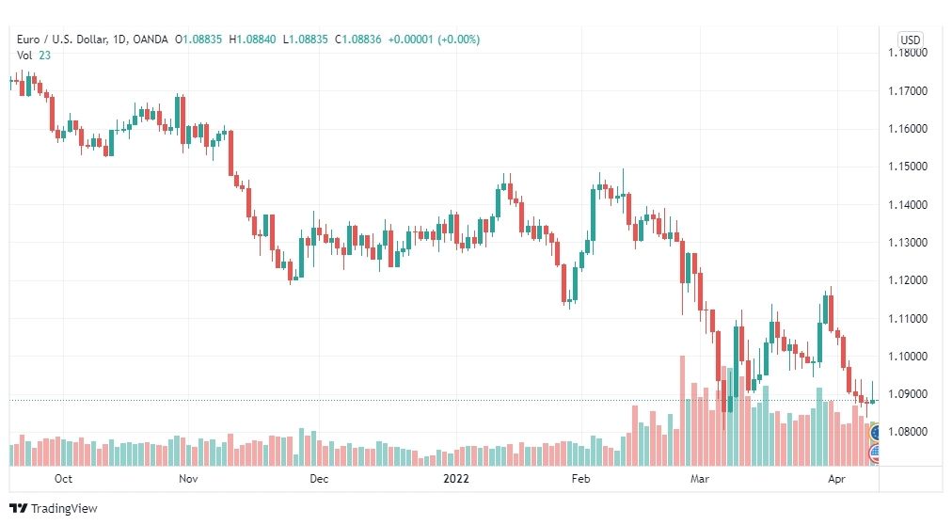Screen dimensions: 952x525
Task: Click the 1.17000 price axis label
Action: pos(908,91)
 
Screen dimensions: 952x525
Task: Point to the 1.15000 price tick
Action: pos(908,167)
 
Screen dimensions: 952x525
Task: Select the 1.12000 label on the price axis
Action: pos(908,280)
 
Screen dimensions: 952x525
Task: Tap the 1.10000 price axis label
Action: pos(908,357)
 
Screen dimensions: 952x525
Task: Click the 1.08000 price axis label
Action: pos(908,432)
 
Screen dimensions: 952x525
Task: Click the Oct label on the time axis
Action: pos(63,478)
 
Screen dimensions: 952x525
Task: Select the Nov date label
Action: pos(188,478)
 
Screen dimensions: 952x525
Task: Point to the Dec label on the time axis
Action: pos(319,478)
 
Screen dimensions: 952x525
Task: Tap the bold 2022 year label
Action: pos(456,478)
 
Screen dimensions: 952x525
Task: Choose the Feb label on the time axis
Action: pos(580,478)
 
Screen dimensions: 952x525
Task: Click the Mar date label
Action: pos(700,478)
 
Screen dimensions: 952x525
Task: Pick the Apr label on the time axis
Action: pos(836,478)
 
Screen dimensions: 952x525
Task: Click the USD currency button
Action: pos(910,40)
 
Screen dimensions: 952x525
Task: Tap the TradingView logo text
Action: pos(64,509)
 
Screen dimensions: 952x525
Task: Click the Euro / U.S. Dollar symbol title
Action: pos(62,40)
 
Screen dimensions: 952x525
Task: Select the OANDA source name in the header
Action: pos(150,40)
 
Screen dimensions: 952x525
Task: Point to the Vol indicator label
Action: pos(24,56)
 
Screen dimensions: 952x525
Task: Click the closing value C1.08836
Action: pos(358,40)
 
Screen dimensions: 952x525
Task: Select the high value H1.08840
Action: pos(252,40)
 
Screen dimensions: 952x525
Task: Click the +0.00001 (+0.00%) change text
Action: pos(434,40)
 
